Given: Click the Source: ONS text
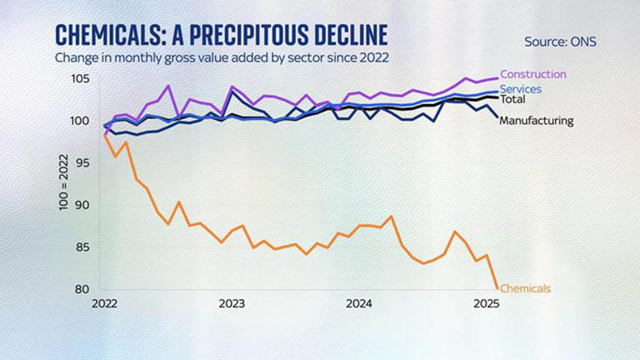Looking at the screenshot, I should click(x=560, y=41).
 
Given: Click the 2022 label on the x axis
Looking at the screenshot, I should click(x=105, y=304).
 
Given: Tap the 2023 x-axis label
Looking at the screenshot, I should click(x=232, y=304).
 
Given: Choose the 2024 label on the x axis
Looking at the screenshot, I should click(x=358, y=304).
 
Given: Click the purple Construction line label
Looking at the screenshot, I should click(x=532, y=75).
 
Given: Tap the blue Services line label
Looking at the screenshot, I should click(x=521, y=89).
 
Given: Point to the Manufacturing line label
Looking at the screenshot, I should click(x=536, y=120).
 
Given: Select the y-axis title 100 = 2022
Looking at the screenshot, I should click(x=64, y=184).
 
